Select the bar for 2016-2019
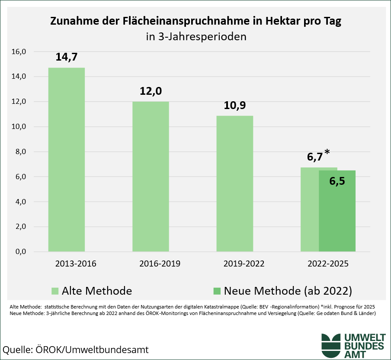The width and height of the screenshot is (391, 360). click(151, 176)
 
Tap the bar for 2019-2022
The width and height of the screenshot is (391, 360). click(234, 183)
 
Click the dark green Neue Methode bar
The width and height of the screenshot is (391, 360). click(337, 216)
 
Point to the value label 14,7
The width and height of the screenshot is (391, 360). click(66, 57)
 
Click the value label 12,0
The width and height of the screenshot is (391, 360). click(151, 91)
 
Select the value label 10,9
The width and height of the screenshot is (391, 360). click(234, 105)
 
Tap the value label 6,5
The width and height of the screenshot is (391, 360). click(337, 181)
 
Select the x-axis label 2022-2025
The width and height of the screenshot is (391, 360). click(328, 263)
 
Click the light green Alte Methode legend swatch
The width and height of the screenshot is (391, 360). click(54, 290)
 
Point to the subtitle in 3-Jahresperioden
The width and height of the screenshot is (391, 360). click(196, 36)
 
